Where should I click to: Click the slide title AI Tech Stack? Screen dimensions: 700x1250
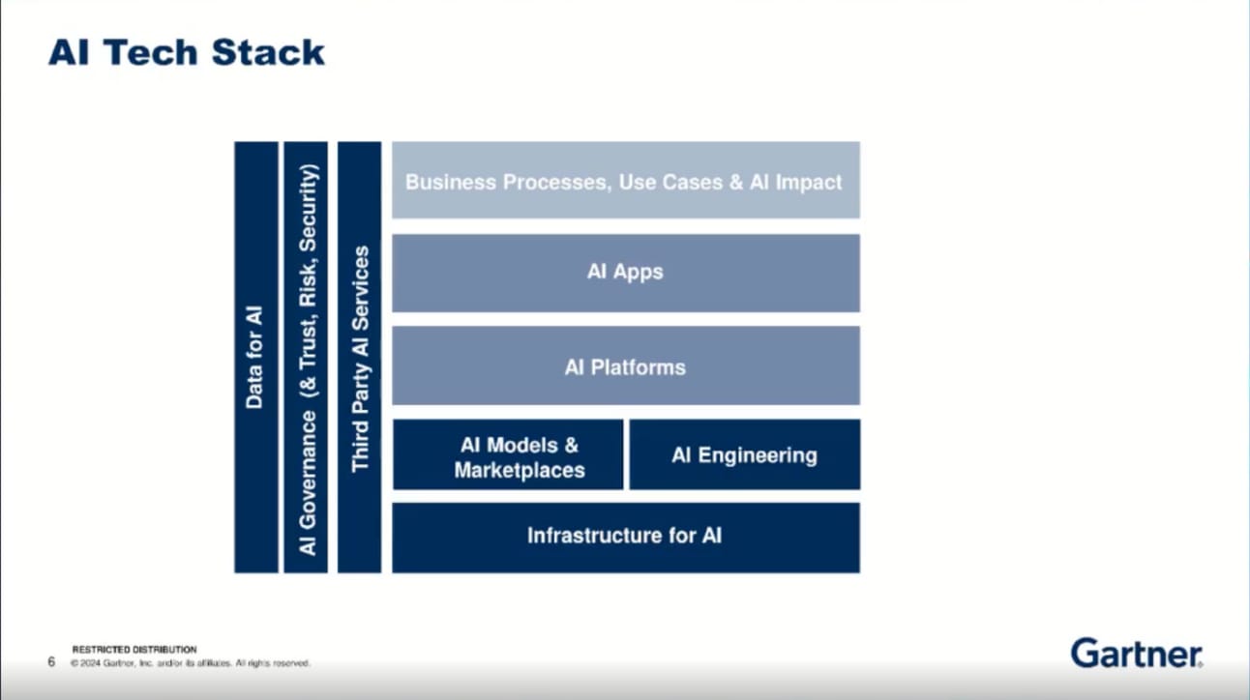[187, 52]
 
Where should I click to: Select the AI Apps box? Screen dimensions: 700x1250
[625, 272]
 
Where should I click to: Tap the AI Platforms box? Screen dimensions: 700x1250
[625, 366]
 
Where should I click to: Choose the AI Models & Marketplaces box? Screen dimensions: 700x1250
[508, 455]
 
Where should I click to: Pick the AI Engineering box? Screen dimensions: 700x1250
[744, 454]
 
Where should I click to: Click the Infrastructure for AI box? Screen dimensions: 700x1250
[625, 536]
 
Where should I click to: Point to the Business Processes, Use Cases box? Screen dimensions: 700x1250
[625, 181]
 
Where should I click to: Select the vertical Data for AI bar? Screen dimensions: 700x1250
[255, 357]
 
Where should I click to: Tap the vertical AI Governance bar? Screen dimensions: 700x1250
[307, 357]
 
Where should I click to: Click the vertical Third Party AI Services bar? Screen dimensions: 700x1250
[360, 357]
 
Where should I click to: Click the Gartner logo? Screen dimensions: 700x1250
[1136, 654]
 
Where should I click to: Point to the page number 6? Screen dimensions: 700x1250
[51, 662]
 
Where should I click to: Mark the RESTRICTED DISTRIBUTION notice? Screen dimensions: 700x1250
[134, 650]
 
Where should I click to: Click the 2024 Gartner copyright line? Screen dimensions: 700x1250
[190, 663]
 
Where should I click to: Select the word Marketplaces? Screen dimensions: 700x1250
[520, 470]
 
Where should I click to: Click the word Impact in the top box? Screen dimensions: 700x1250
[809, 182]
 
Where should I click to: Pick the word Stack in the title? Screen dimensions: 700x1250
[268, 52]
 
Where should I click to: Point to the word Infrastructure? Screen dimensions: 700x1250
[586, 536]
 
